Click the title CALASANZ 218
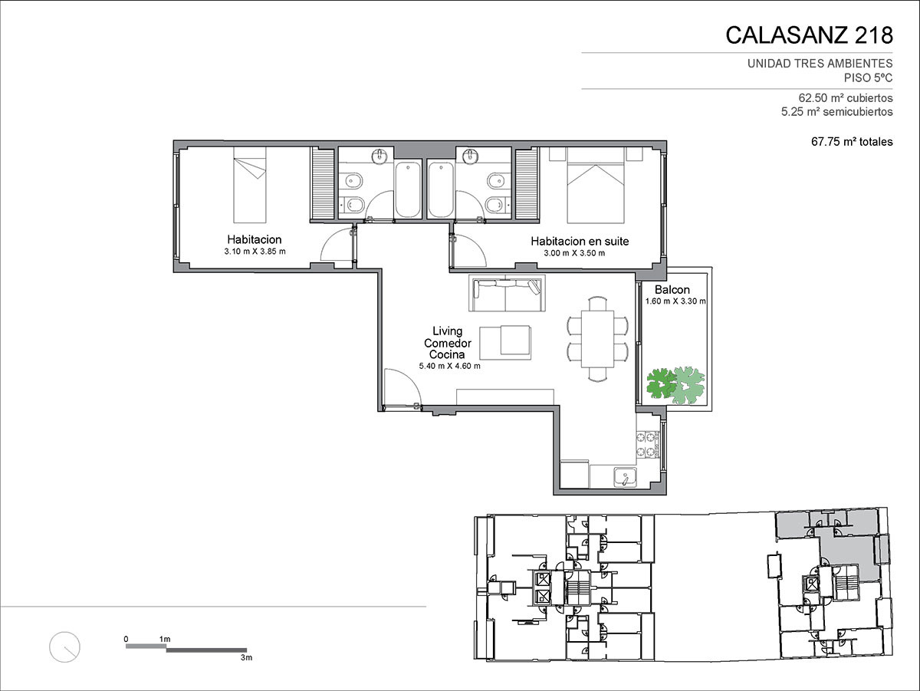pyautogui.click(x=809, y=35)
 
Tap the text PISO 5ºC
pyautogui.click(x=868, y=78)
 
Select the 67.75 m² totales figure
pyautogui.click(x=852, y=142)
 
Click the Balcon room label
pyautogui.click(x=672, y=289)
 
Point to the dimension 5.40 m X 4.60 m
pyautogui.click(x=450, y=366)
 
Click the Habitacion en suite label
pyautogui.click(x=580, y=241)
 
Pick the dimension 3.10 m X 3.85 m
pyautogui.click(x=255, y=252)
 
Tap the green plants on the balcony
pyautogui.click(x=675, y=385)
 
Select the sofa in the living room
pyautogui.click(x=507, y=293)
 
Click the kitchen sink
pyautogui.click(x=626, y=477)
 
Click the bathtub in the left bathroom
pyautogui.click(x=408, y=190)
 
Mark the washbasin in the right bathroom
pyautogui.click(x=470, y=156)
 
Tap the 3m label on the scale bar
pyautogui.click(x=246, y=657)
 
